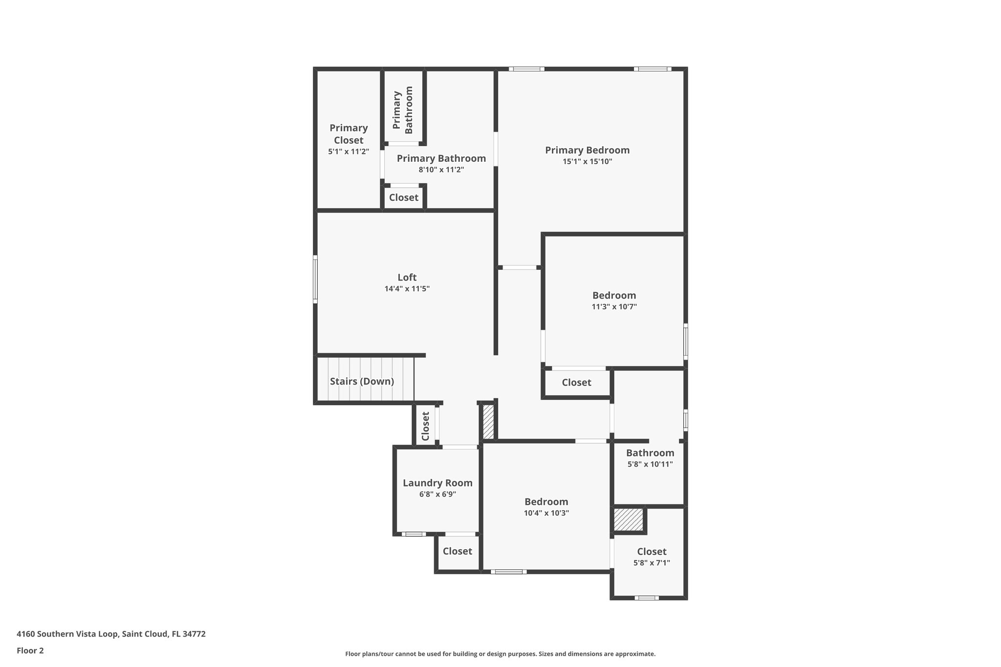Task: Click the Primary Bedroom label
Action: coord(587,151)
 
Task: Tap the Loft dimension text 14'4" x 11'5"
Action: coord(407,289)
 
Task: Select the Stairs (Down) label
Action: coord(362,381)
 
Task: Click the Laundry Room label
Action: coord(437,483)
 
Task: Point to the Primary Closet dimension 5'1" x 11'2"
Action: coord(348,152)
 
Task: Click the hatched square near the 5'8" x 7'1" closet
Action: coord(629,520)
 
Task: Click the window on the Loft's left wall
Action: coord(315,279)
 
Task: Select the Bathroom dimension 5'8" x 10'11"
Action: coord(650,464)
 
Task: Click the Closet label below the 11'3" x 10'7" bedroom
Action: coord(576,383)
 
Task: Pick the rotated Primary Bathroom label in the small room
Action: coord(403,110)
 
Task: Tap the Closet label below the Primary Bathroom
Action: coord(404,197)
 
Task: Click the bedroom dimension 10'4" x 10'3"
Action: coord(546,513)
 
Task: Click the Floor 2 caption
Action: coord(30,650)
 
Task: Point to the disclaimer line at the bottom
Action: coord(500,654)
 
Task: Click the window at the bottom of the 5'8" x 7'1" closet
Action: coord(646,598)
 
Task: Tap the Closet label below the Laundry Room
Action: coord(457,551)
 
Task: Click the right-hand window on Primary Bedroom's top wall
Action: coord(653,69)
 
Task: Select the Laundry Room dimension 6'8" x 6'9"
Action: coord(437,495)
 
